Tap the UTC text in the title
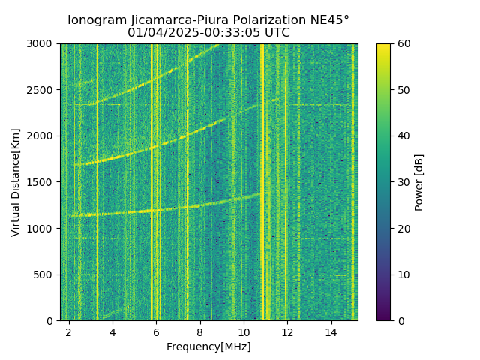[276, 33]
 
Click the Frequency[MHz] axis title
[208, 346]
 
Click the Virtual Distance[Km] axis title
[16, 182]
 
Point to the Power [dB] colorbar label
[419, 182]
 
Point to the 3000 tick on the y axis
[43, 44]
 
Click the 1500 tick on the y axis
[43, 182]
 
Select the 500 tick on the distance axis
[46, 274]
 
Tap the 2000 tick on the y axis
[43, 136]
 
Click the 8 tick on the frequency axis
[200, 331]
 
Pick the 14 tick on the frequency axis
[331, 331]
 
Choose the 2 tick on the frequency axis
[69, 331]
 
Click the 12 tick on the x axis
[287, 331]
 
